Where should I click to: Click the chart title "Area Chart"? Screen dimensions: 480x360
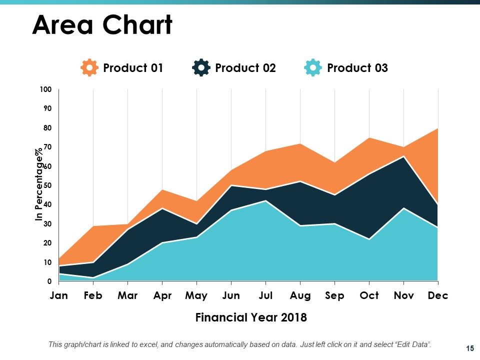pyautogui.click(x=102, y=25)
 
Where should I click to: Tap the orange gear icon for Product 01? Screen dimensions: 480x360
pyautogui.click(x=89, y=67)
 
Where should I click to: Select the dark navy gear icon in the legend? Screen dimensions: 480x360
pyautogui.click(x=201, y=67)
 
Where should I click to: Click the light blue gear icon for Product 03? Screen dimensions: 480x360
pyautogui.click(x=313, y=67)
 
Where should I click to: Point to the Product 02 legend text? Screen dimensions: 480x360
pyautogui.click(x=245, y=67)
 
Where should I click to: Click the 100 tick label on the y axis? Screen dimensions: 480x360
pyautogui.click(x=45, y=89)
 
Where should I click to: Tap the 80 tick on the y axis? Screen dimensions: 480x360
pyautogui.click(x=47, y=127)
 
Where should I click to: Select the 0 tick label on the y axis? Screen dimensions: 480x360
pyautogui.click(x=49, y=281)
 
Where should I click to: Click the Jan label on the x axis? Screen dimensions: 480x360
pyautogui.click(x=59, y=295)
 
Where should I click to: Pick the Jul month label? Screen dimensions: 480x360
pyautogui.click(x=265, y=295)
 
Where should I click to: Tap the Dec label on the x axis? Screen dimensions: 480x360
pyautogui.click(x=438, y=295)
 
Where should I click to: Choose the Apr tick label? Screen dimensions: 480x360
pyautogui.click(x=162, y=295)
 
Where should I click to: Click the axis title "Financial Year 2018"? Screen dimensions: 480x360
pyautogui.click(x=251, y=317)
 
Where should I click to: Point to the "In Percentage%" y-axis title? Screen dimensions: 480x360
pyautogui.click(x=39, y=184)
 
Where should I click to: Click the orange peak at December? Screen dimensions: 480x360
pyautogui.click(x=438, y=128)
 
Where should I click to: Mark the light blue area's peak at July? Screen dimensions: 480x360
pyautogui.click(x=265, y=201)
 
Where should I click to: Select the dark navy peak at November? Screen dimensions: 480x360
pyautogui.click(x=404, y=156)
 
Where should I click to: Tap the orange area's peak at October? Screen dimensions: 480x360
pyautogui.click(x=369, y=138)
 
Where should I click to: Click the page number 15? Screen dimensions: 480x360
pyautogui.click(x=470, y=348)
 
